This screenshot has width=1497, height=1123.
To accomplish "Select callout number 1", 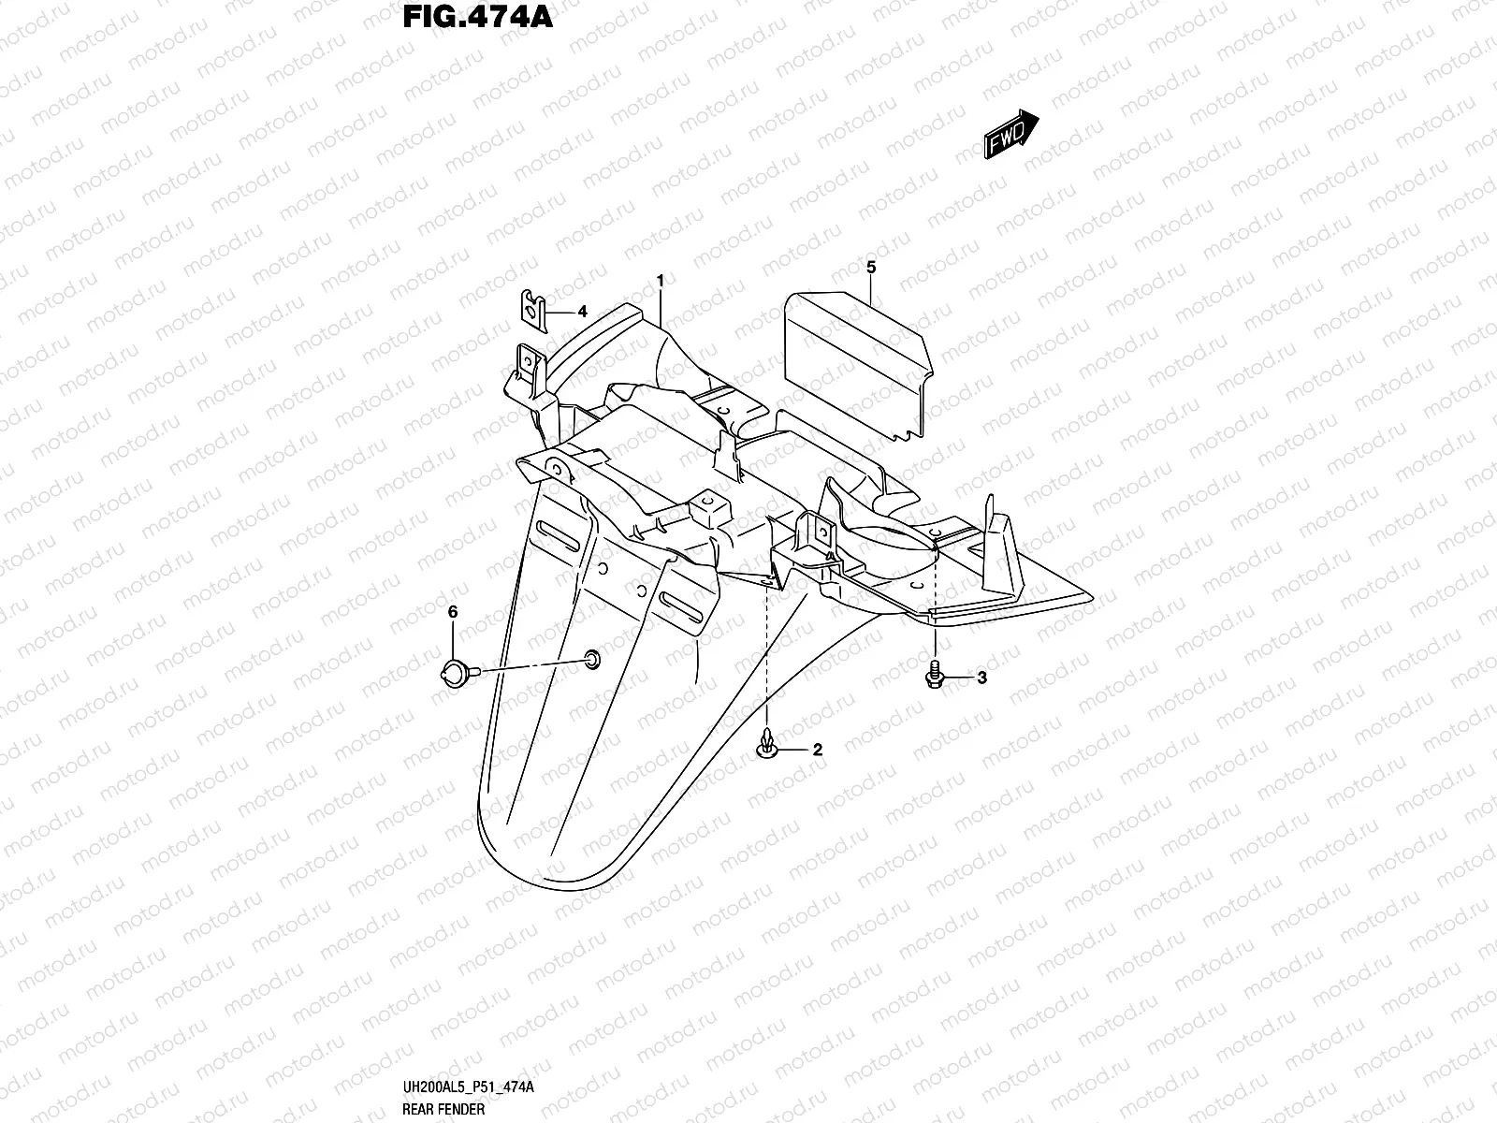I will pyautogui.click(x=661, y=280).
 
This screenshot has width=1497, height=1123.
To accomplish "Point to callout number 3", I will pyautogui.click(x=981, y=678).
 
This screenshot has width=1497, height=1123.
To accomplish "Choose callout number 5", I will pyautogui.click(x=871, y=269).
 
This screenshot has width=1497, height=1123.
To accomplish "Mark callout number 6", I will pyautogui.click(x=453, y=612).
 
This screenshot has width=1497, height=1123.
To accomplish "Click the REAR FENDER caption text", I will pyautogui.click(x=445, y=1110).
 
